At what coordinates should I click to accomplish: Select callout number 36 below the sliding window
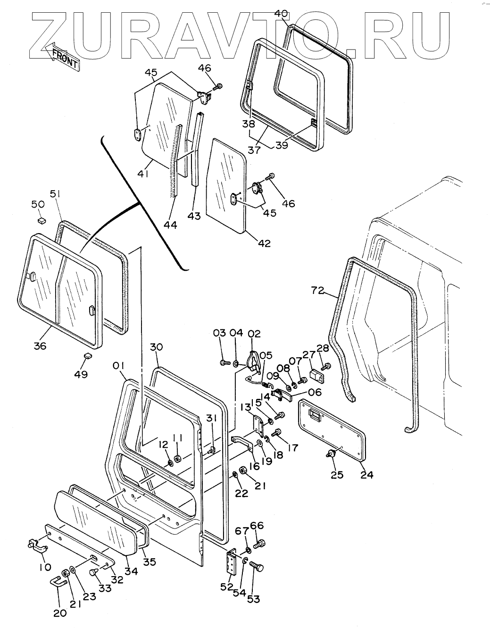40,346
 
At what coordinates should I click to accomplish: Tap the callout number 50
38,204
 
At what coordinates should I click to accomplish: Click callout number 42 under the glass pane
265,243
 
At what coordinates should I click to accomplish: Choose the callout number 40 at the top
281,13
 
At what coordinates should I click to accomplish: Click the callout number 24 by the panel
366,475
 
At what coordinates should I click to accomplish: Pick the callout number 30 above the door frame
157,347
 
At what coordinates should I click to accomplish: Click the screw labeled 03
224,363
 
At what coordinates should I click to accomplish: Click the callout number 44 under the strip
170,225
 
